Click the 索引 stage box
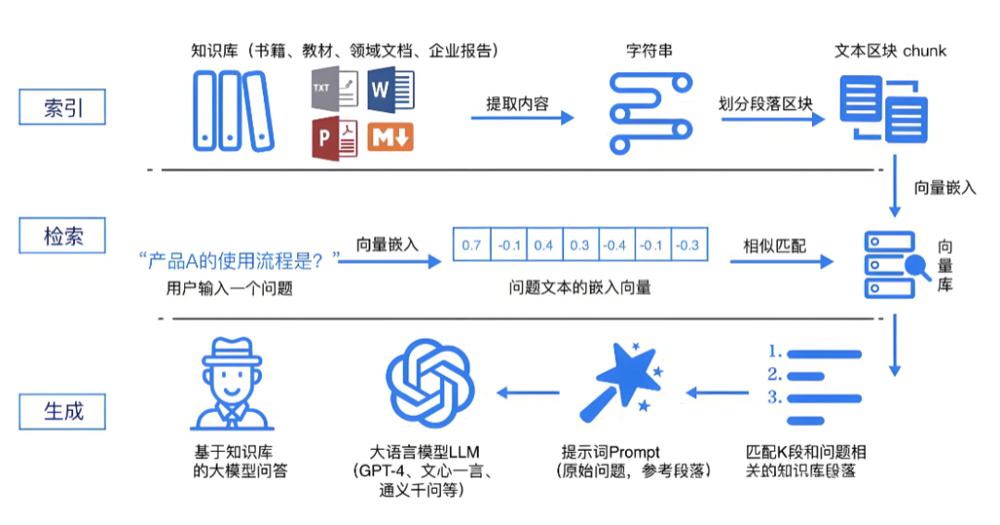[62, 107]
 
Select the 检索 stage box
[62, 235]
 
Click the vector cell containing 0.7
[471, 245]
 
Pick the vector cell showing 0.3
[580, 245]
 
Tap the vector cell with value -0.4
[616, 245]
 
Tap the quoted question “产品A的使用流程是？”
[239, 260]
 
